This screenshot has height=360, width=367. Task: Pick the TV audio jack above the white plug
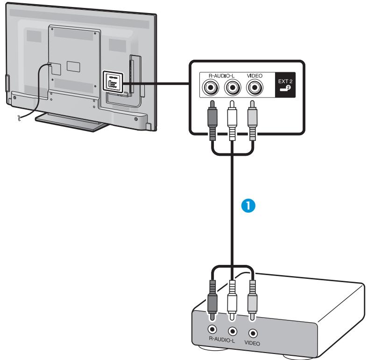coord(232,87)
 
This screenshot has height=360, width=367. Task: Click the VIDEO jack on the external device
coord(254,333)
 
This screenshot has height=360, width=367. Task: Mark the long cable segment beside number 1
coord(232,210)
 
